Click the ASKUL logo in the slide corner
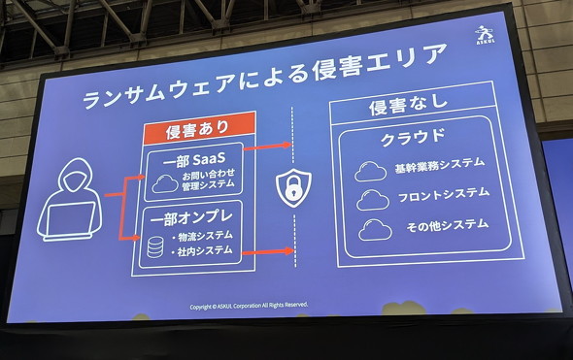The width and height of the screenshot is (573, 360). (486, 35)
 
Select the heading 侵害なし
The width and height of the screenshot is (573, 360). (409, 104)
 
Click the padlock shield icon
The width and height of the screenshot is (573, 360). (293, 187)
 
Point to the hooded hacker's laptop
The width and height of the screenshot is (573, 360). (68, 221)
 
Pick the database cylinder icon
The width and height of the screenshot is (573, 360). (155, 246)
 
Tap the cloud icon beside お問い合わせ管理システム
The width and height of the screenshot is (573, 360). (165, 183)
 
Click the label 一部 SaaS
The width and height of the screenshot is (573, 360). (193, 160)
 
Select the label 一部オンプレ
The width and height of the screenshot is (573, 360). (190, 218)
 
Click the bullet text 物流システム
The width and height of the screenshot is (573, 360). (205, 236)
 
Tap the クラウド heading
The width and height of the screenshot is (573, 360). (413, 137)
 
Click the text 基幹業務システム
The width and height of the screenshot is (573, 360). (440, 165)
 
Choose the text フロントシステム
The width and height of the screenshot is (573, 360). (443, 195)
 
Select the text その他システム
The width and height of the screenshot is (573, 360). (448, 224)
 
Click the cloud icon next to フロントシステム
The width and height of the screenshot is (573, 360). (372, 200)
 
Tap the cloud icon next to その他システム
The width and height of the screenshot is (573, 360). (375, 230)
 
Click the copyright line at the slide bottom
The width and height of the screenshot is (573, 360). (249, 306)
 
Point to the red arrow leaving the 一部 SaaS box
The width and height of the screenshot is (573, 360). (267, 147)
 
